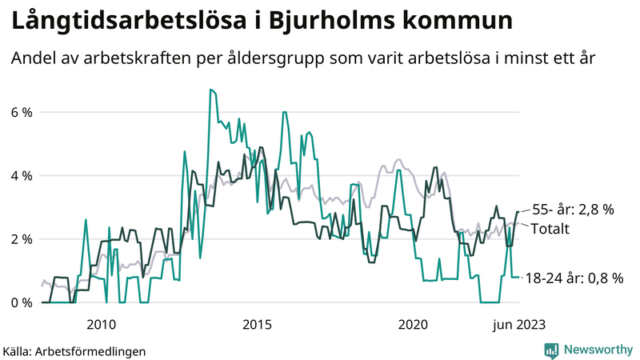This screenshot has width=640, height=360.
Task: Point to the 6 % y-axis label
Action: click(x=22, y=111)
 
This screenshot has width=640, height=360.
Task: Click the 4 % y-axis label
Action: click(x=22, y=175)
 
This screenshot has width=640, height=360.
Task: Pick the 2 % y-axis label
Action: click(x=22, y=239)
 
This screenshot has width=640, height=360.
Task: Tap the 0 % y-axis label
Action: click(x=22, y=302)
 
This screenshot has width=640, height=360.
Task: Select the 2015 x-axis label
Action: click(x=257, y=324)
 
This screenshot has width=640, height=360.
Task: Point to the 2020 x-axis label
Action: click(x=414, y=324)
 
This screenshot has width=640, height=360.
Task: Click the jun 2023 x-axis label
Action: click(x=518, y=324)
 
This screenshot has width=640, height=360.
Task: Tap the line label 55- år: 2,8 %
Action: click(x=573, y=210)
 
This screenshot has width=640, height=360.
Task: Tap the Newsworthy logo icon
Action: click(x=551, y=350)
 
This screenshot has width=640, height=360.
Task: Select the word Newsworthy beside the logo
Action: click(x=598, y=350)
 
